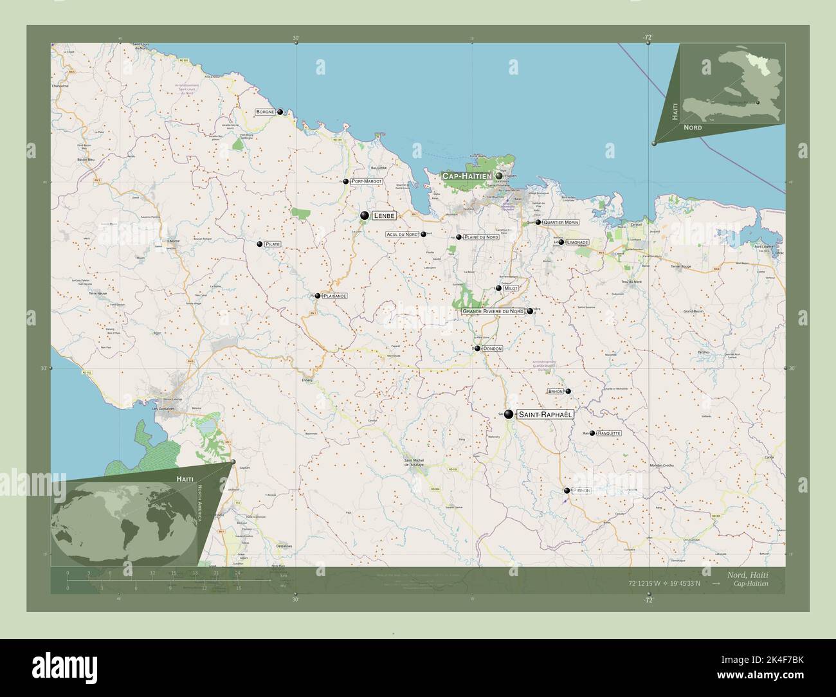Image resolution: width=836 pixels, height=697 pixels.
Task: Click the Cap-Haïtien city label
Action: click(x=466, y=176)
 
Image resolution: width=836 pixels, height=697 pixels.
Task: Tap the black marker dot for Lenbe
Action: click(x=365, y=215)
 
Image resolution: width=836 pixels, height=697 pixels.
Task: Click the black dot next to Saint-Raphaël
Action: click(x=509, y=415)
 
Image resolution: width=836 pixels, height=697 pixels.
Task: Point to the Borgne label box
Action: click(x=265, y=112)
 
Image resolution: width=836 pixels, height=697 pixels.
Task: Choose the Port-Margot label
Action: click(x=367, y=182)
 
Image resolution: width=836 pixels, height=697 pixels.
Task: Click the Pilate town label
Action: click(x=273, y=244)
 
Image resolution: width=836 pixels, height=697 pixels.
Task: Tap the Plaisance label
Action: click(x=334, y=296)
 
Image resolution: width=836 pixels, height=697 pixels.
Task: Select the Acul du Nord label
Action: click(x=403, y=235)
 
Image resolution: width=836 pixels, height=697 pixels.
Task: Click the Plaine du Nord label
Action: click(x=481, y=237)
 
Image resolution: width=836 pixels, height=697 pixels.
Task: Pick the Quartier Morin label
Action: click(x=561, y=222)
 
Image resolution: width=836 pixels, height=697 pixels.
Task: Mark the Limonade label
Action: click(x=577, y=242)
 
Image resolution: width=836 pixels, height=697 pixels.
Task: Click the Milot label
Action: click(x=511, y=289)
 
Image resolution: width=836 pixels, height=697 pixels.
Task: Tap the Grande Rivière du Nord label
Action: click(x=493, y=311)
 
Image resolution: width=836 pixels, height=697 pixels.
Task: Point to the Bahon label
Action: click(x=555, y=391)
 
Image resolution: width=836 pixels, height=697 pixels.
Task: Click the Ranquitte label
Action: click(x=609, y=433)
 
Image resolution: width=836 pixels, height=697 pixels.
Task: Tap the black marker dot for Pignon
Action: click(x=567, y=491)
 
